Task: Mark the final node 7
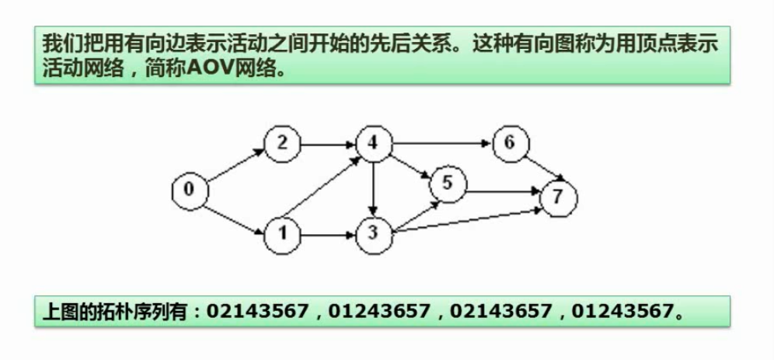tap(558, 197)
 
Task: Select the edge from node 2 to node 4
tap(329, 144)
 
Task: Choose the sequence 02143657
tap(501, 311)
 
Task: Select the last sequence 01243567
tap(622, 311)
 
